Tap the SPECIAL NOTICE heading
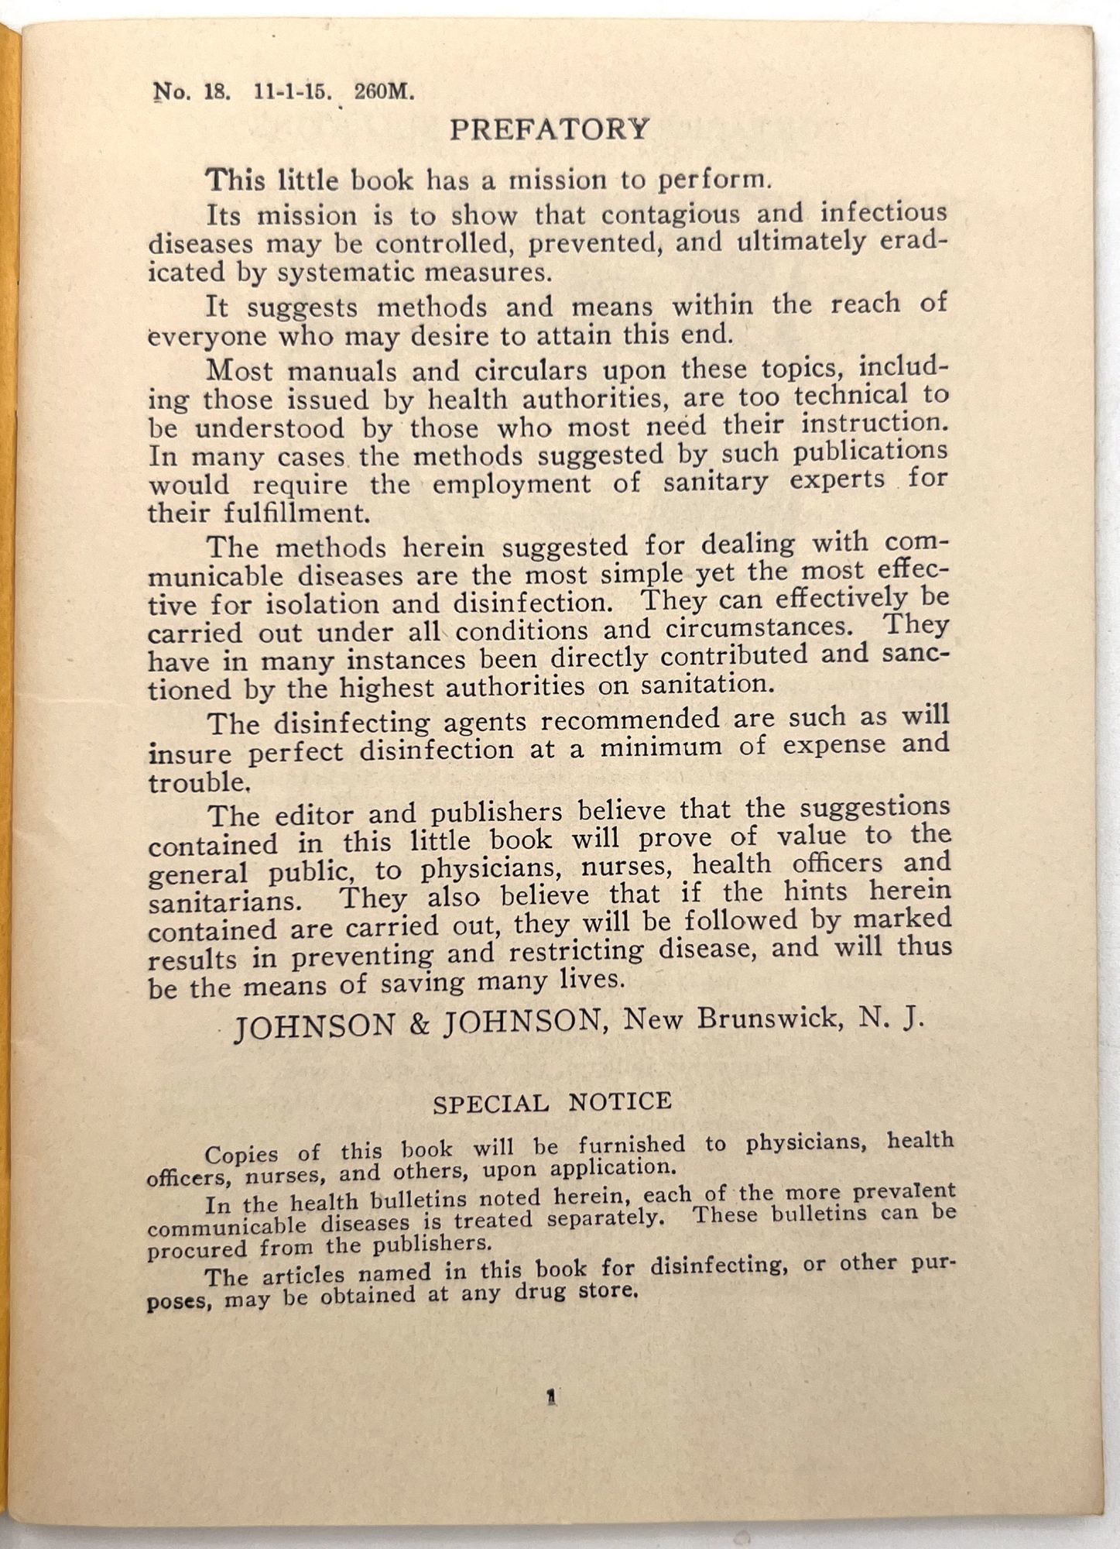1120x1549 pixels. [x=552, y=1102]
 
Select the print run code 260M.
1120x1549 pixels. [x=384, y=92]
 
